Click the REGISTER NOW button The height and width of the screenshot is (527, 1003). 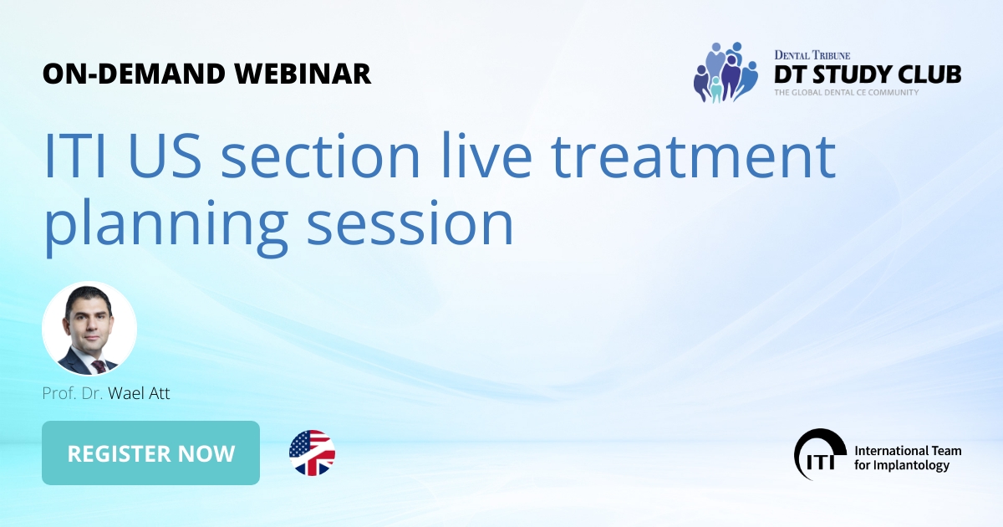coord(150,453)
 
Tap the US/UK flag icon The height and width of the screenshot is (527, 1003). coord(312,453)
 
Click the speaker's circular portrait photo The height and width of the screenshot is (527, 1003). coord(89,329)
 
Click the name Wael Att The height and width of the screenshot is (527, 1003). coord(139,393)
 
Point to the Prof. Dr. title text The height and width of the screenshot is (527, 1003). coord(73,393)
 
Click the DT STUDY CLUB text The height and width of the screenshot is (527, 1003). coord(867,74)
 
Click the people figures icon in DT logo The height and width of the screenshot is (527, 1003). coord(725,73)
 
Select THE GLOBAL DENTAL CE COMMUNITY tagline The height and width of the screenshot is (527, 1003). coord(846,93)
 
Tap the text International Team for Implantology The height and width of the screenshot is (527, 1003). coord(907,458)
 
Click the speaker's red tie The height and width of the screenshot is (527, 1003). coord(98,366)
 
